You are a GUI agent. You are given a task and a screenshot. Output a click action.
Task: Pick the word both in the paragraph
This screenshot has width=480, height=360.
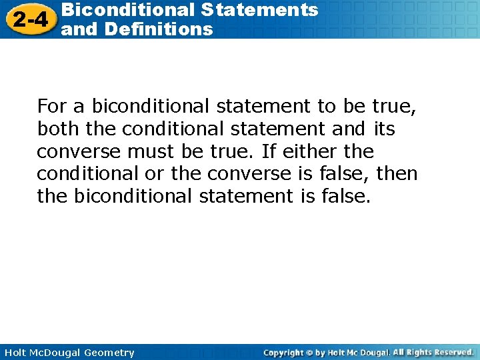click(x=55, y=129)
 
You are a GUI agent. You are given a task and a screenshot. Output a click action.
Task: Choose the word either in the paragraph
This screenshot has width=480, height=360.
click(x=293, y=151)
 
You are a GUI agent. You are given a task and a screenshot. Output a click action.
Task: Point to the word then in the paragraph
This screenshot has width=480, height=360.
click(x=397, y=174)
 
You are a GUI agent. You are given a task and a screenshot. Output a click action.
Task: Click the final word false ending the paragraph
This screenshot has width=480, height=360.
click(x=345, y=197)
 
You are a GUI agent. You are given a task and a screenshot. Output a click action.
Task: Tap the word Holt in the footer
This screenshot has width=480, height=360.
click(x=14, y=353)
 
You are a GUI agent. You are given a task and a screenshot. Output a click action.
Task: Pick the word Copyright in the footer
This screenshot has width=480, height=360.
click(x=283, y=353)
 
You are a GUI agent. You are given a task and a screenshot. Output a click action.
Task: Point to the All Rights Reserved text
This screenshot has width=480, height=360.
click(x=433, y=352)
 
